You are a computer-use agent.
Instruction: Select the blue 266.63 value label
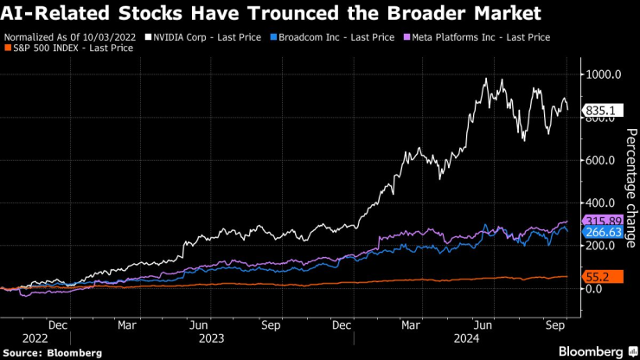[x=603, y=232]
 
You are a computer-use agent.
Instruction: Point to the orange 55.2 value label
[x=598, y=276]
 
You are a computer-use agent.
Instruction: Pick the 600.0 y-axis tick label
[x=601, y=160]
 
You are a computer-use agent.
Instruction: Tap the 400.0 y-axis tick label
[x=601, y=202]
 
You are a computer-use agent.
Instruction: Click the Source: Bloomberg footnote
[x=53, y=352]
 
